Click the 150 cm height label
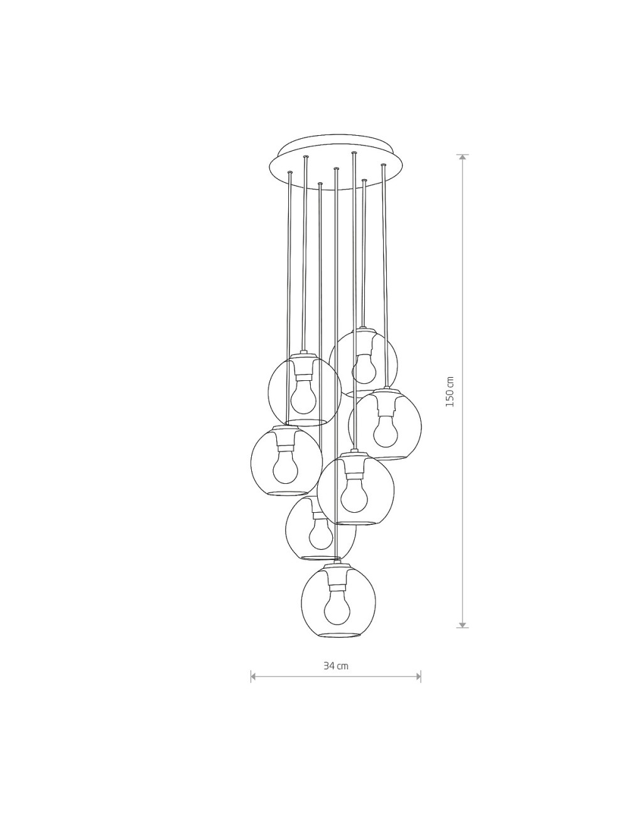point(450,391)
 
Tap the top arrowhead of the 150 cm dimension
point(463,157)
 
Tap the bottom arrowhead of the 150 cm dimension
point(463,624)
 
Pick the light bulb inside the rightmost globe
point(386,431)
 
